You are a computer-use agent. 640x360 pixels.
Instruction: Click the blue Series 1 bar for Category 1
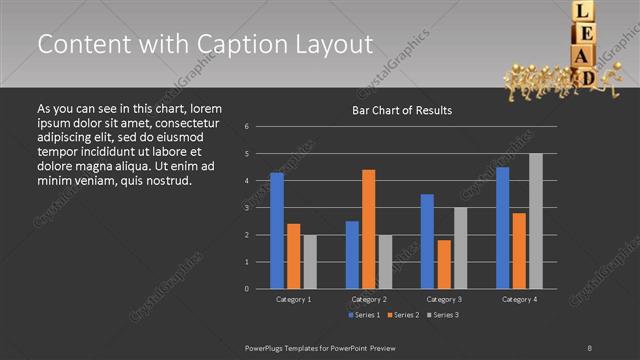pos(277,230)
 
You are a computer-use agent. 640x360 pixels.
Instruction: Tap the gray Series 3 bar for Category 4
pos(535,221)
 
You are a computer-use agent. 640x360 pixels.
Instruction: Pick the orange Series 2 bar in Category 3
pos(444,264)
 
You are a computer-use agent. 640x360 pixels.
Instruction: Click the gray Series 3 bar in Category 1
pos(310,261)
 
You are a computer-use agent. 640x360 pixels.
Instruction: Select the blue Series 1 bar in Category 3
pos(427,241)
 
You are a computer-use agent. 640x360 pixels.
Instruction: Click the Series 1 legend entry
pos(366,315)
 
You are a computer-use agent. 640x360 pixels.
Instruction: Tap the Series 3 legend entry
pos(444,315)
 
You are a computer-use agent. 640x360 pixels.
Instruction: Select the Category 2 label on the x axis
pos(369,299)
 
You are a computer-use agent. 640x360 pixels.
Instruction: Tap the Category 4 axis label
pos(518,299)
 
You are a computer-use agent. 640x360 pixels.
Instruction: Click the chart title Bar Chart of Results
pos(403,110)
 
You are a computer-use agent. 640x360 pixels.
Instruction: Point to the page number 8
pos(590,346)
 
